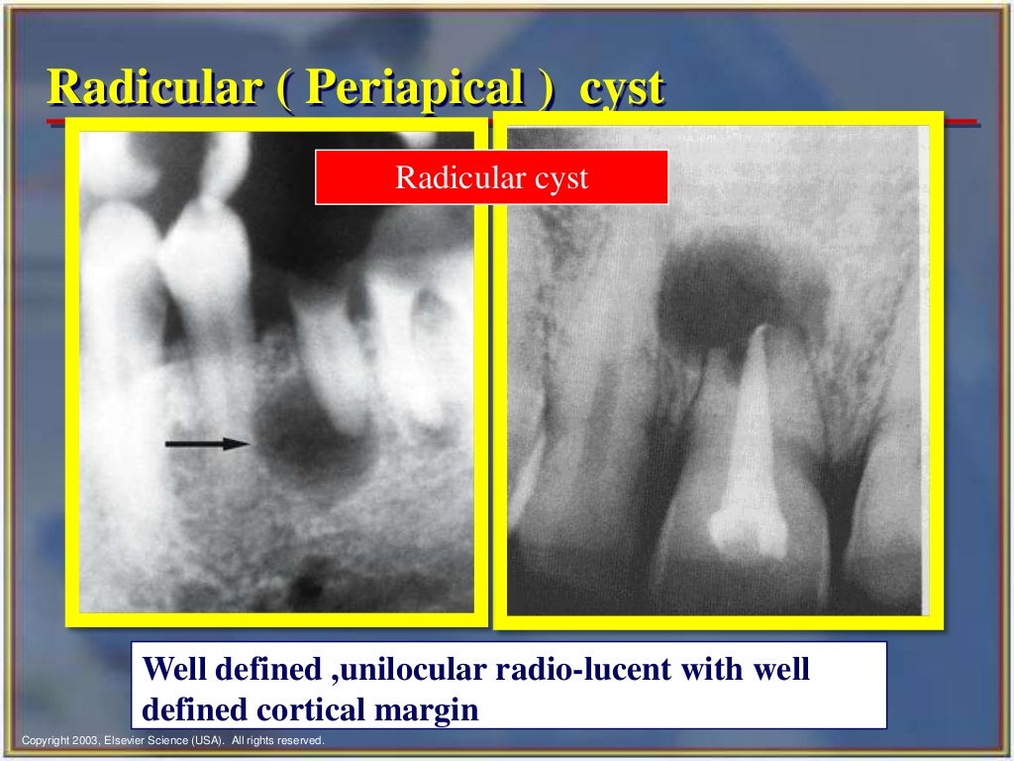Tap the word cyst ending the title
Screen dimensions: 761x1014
point(621,89)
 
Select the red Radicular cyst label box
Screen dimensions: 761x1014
point(491,177)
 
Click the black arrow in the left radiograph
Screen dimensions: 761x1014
point(208,444)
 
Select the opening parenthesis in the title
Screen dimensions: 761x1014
point(280,89)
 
